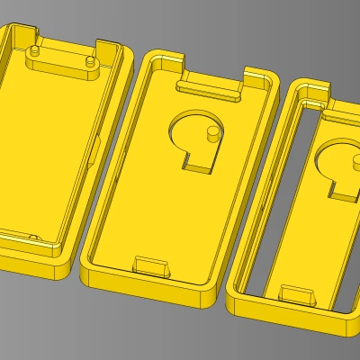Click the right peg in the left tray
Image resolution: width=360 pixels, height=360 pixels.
91,59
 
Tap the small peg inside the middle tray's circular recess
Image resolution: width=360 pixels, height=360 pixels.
212,134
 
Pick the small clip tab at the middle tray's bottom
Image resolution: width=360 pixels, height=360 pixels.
150,265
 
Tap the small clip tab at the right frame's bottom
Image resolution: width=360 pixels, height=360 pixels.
296,294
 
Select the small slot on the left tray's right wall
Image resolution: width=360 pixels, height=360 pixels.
94,148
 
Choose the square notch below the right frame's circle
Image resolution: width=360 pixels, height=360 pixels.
340,186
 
